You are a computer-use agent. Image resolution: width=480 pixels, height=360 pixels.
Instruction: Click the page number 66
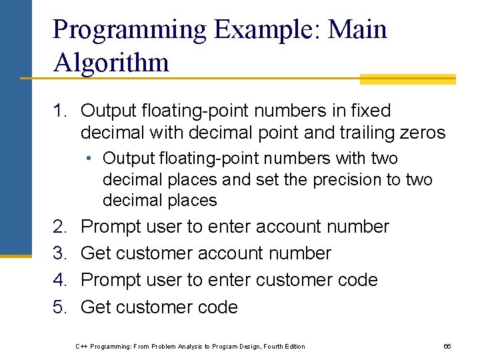447,346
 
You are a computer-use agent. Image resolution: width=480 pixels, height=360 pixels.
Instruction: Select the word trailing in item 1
355,133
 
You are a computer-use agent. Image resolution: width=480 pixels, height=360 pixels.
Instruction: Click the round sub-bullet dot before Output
88,159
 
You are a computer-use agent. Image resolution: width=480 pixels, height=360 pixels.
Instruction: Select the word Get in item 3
95,253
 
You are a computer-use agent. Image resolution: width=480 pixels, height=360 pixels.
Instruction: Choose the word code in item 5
217,307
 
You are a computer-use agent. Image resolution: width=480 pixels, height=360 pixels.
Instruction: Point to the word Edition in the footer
293,346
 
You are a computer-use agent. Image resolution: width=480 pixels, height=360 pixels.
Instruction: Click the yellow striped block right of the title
407,79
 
